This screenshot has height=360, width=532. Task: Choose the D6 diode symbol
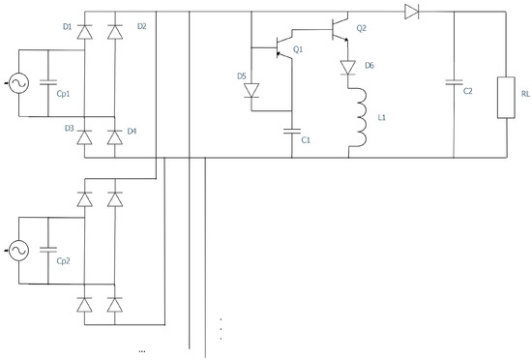348,69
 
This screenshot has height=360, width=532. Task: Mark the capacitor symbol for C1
292,131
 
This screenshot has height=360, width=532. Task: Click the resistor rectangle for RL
504,98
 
